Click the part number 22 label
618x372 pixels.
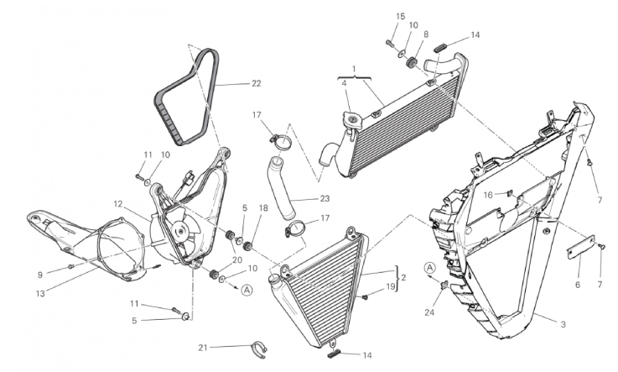tap(257, 84)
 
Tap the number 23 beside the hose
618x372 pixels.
tap(325, 198)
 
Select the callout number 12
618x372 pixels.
tap(118, 204)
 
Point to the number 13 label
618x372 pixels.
tap(40, 294)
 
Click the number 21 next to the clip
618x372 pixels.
tap(203, 348)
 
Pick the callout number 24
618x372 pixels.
tap(429, 312)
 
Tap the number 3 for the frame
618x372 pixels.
tap(563, 325)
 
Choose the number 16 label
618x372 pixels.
tap(488, 195)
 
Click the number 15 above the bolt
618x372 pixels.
tap(401, 17)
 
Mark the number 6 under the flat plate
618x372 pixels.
tap(578, 285)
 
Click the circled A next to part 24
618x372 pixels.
tap(430, 268)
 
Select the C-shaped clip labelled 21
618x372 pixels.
tap(260, 349)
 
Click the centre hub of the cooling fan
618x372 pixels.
tap(181, 230)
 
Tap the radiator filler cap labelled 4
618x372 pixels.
tap(351, 118)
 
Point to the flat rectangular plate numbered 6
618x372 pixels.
tap(581, 246)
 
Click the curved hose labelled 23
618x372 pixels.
tap(283, 189)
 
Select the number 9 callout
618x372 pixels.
tap(39, 275)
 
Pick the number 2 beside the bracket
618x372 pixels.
tap(403, 278)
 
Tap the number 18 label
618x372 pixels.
tap(263, 208)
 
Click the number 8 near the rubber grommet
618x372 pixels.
tap(426, 34)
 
